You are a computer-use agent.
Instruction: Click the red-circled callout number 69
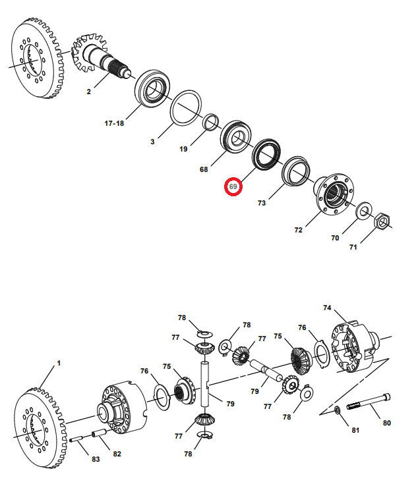pos(233,186)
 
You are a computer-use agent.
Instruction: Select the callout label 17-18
pos(113,123)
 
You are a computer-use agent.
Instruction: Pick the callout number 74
pos(328,308)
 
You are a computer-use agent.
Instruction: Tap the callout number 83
pos(96,459)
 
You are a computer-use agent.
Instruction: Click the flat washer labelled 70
pos(363,212)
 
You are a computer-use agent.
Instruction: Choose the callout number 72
pos(298,230)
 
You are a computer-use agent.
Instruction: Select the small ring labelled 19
pos(211,122)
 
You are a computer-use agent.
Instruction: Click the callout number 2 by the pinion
pos(88,92)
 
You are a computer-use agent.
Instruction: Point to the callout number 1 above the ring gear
pos(58,363)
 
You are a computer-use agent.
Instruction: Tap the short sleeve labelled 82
pos(100,435)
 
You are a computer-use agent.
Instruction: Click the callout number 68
pos(204,169)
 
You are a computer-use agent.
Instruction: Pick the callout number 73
pos(262,204)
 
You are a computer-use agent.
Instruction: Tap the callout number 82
pos(117,454)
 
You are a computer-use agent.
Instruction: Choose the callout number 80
pos(387,423)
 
